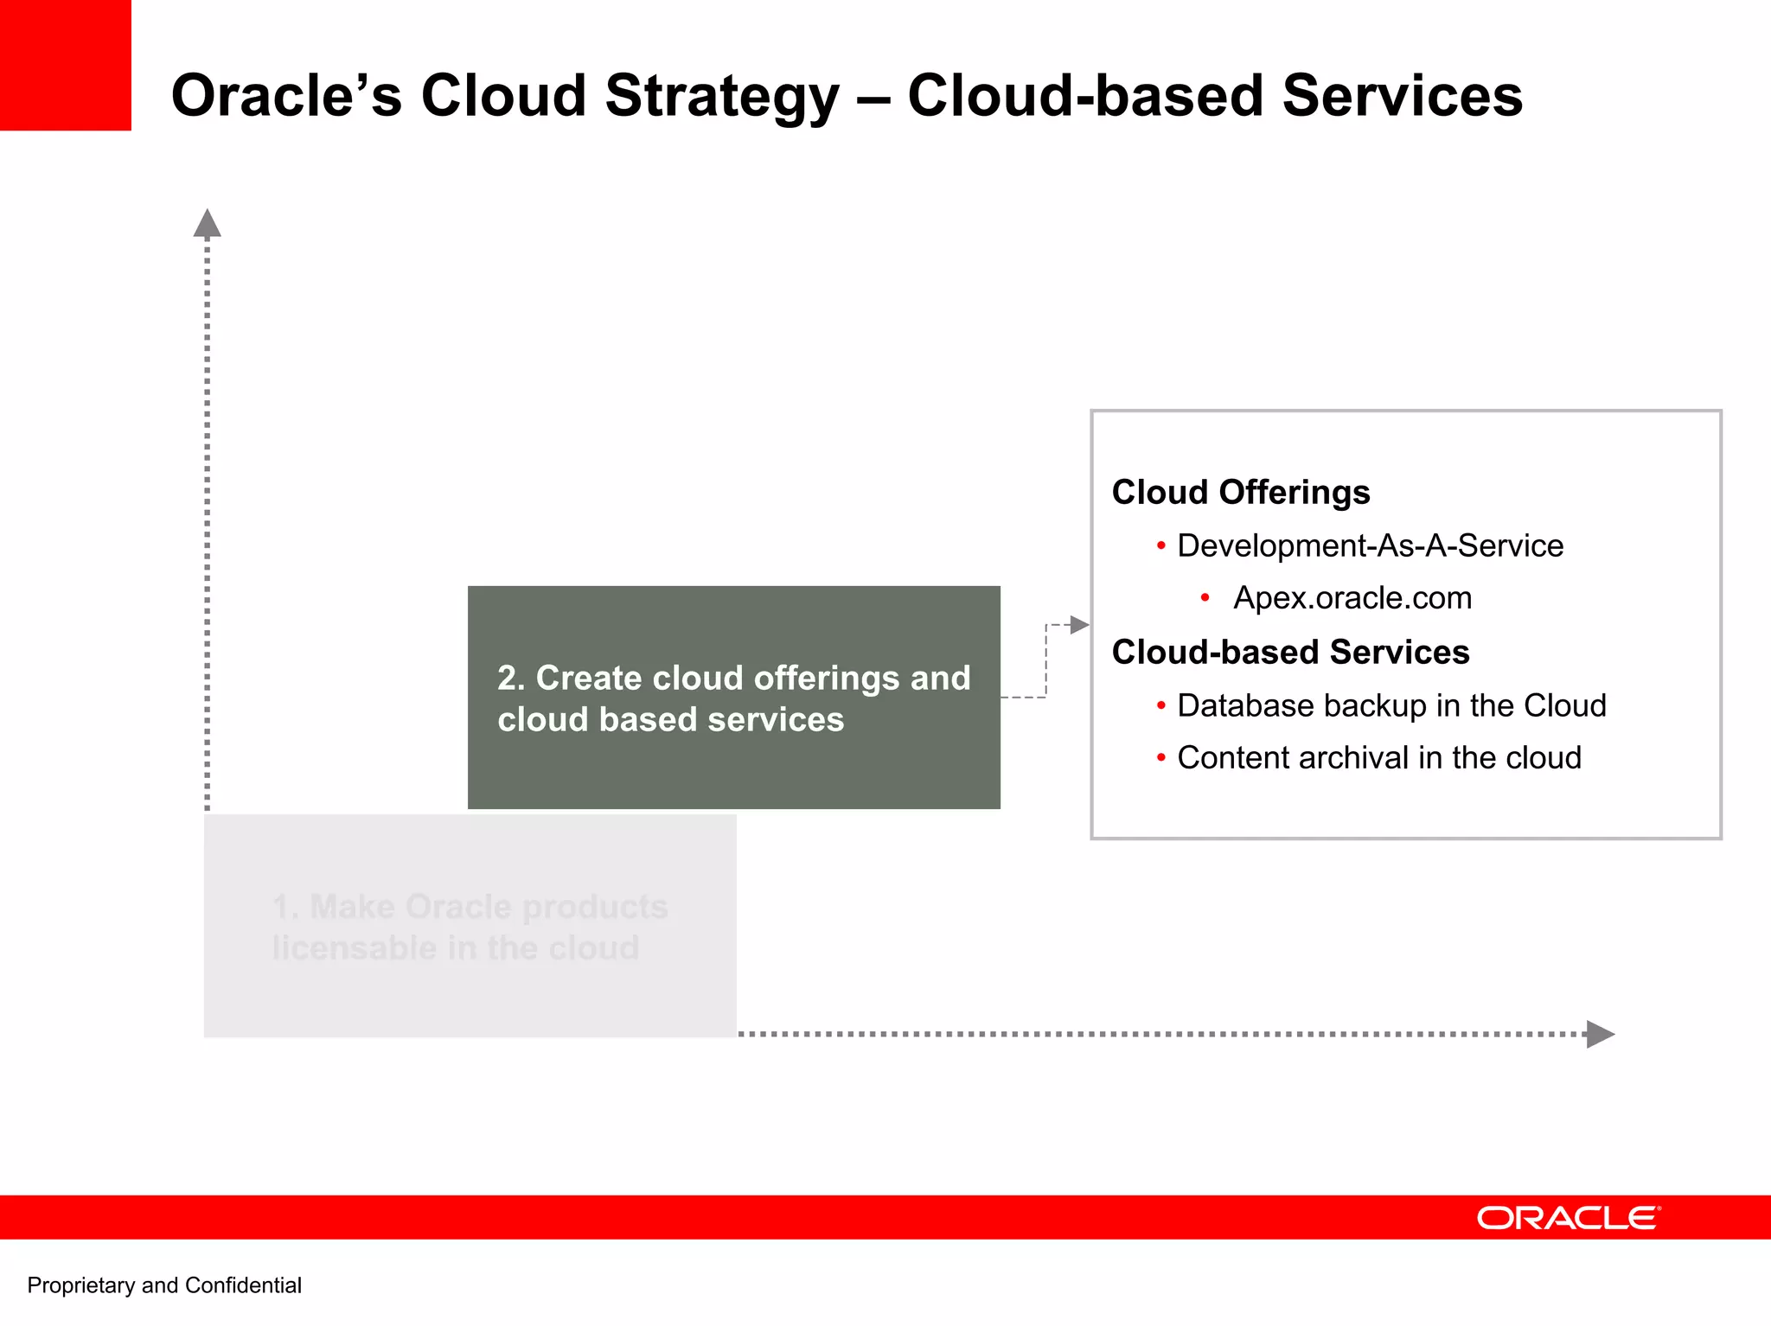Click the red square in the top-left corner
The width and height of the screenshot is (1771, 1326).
[x=65, y=65]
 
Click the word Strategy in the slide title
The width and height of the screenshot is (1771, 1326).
[x=721, y=97]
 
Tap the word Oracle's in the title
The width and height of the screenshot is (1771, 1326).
[x=286, y=95]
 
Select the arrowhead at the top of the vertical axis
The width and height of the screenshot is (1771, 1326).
[x=207, y=224]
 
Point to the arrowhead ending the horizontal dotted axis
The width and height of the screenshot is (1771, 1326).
[x=1600, y=1034]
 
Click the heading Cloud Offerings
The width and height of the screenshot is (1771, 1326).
[x=1240, y=492]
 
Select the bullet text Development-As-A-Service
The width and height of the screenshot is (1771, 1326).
[x=1370, y=545]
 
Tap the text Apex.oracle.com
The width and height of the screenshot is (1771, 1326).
[x=1352, y=597]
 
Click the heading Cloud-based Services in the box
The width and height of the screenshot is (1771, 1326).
[x=1290, y=652]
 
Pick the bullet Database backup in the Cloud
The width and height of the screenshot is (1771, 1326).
[x=1391, y=705]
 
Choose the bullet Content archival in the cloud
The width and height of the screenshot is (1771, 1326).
[x=1378, y=757]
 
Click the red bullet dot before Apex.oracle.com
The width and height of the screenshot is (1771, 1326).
[x=1205, y=597]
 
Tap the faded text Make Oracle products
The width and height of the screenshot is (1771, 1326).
[x=470, y=907]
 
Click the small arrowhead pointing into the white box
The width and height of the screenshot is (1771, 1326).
[x=1079, y=624]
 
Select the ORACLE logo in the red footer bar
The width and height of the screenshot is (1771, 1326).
[x=1568, y=1218]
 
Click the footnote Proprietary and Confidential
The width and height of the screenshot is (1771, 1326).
[x=164, y=1285]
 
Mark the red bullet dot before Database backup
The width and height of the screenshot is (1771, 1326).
[x=1160, y=705]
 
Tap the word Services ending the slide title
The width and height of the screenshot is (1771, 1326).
[x=1402, y=95]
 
